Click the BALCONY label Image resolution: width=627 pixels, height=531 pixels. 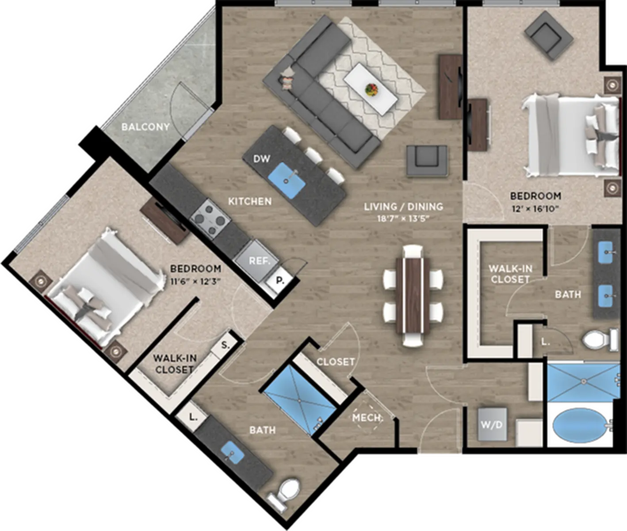pyautogui.click(x=145, y=127)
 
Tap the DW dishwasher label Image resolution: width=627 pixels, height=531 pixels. pyautogui.click(x=261, y=158)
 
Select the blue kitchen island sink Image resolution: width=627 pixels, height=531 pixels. pyautogui.click(x=287, y=181)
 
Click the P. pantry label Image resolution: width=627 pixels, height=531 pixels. pyautogui.click(x=280, y=281)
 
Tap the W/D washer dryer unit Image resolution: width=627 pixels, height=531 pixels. pyautogui.click(x=492, y=425)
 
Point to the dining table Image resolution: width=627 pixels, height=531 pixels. pyautogui.click(x=413, y=296)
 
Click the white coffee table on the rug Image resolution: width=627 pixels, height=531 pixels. pyautogui.click(x=371, y=89)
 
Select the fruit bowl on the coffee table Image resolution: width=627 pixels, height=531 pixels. pyautogui.click(x=372, y=89)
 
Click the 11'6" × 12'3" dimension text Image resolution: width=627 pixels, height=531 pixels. pyautogui.click(x=195, y=281)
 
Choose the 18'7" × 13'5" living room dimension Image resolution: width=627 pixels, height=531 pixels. pyautogui.click(x=403, y=219)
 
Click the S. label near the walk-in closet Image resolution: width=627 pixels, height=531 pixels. pyautogui.click(x=225, y=345)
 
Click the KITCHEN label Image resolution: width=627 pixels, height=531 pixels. pyautogui.click(x=250, y=201)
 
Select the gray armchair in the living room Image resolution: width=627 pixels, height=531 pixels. pyautogui.click(x=427, y=161)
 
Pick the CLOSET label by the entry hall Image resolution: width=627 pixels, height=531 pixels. pyautogui.click(x=336, y=362)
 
